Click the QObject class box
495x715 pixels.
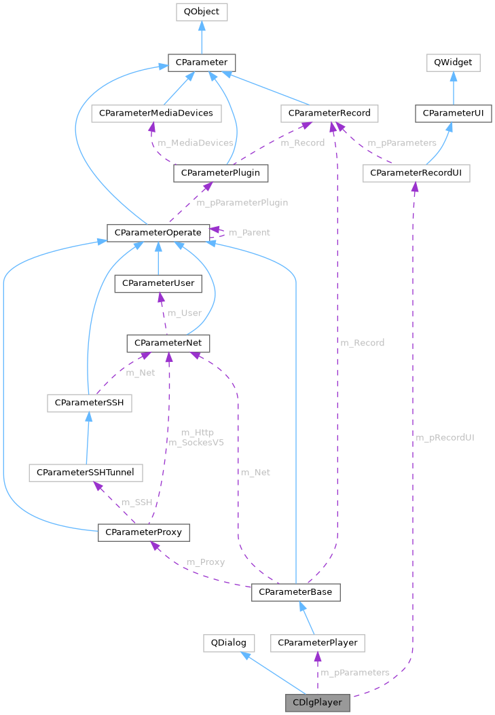click(201, 12)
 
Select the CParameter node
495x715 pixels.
click(201, 63)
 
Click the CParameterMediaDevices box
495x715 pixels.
click(156, 113)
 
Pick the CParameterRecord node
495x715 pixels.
click(329, 113)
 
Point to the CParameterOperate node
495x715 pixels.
click(158, 232)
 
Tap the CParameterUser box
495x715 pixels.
click(158, 283)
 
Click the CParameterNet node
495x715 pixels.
click(168, 344)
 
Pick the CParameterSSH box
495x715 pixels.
click(89, 403)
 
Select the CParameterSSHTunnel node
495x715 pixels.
click(85, 472)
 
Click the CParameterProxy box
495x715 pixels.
click(143, 532)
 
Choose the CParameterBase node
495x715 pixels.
click(295, 592)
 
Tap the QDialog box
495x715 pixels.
click(229, 642)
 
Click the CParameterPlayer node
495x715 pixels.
click(317, 642)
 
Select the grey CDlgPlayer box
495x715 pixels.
click(317, 702)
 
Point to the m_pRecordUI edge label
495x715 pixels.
click(444, 437)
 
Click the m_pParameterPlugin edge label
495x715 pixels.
click(242, 202)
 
